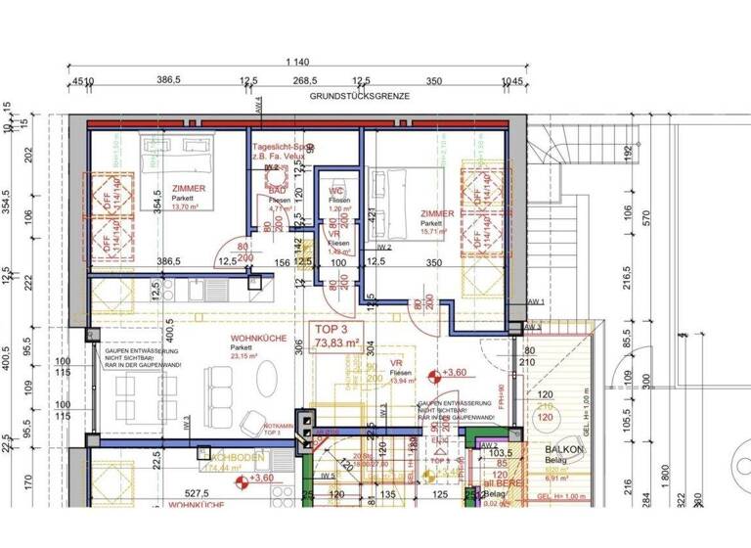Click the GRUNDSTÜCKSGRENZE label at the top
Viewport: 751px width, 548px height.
pyautogui.click(x=359, y=97)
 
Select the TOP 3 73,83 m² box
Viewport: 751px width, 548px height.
pyautogui.click(x=335, y=336)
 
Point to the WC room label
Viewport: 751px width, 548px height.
pyautogui.click(x=334, y=190)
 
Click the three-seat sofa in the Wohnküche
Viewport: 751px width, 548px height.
pyautogui.click(x=213, y=392)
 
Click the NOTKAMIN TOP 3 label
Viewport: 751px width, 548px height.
pyautogui.click(x=280, y=428)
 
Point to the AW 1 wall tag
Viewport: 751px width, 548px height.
pyautogui.click(x=535, y=301)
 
